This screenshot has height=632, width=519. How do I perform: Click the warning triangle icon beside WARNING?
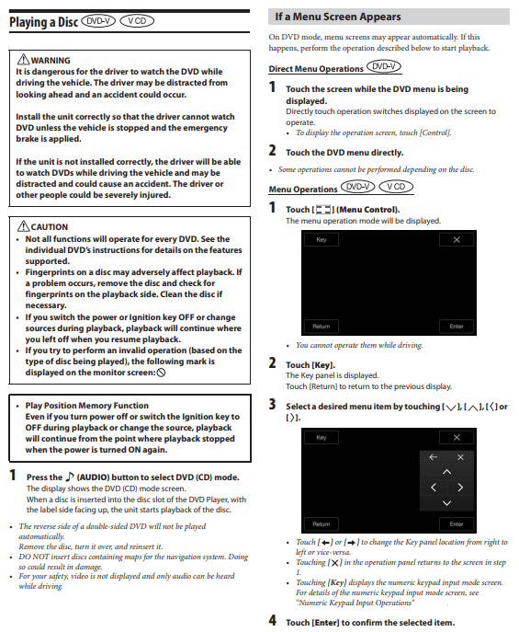coord(23,60)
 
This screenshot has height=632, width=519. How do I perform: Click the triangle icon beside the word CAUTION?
coord(23,226)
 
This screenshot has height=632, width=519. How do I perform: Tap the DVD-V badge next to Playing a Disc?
coord(98,21)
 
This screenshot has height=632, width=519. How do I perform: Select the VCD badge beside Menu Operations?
coord(396,187)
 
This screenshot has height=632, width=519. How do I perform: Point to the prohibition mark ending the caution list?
coord(161,373)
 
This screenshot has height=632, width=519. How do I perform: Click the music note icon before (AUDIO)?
coord(70,477)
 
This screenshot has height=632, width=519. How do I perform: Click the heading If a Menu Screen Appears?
coord(338,17)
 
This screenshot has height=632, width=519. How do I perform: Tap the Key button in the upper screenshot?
coord(322,240)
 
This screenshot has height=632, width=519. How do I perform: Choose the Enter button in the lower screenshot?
coord(457,524)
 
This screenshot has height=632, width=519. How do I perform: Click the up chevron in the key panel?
coord(446,472)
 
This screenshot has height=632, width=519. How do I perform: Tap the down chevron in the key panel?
coord(446,502)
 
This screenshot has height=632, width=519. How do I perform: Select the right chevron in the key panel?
coord(460,488)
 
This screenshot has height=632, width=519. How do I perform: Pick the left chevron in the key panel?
coord(434,488)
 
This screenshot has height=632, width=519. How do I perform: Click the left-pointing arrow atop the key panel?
coord(434,457)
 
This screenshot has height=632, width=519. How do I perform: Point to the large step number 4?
coord(273,620)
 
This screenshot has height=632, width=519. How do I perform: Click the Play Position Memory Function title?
coord(87,406)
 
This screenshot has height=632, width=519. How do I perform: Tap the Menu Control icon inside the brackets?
coord(323,210)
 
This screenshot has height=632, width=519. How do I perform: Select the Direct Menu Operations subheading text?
coord(316,69)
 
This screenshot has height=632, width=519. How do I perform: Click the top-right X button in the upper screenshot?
coord(457,240)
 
